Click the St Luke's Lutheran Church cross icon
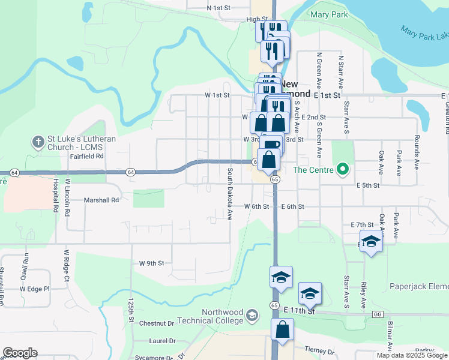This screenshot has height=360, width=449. point(37,142)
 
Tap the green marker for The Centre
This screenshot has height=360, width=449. point(343,170)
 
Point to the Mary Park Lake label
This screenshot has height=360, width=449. point(424,33)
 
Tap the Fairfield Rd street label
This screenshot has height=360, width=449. point(87,156)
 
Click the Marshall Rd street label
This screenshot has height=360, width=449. point(102,199)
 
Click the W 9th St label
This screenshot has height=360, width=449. point(151,263)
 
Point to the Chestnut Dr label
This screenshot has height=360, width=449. point(156,323)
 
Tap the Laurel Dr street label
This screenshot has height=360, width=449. point(162,341)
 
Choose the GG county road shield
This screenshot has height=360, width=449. point(378,314)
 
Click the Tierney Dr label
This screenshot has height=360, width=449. point(319,351)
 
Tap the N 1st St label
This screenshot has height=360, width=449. point(218,8)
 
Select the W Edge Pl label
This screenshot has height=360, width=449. point(34,289)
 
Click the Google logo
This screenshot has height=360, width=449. point(20,353)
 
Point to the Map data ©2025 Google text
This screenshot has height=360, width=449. point(411,355)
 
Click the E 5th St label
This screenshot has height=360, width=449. point(368,185)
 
